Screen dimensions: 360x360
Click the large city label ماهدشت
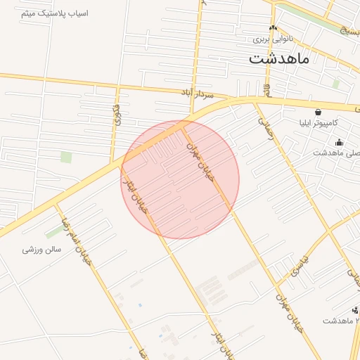point(279,58)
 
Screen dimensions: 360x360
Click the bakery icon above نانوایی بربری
point(273,27)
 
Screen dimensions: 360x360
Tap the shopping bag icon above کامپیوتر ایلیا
point(318,111)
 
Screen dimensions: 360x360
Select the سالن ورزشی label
point(41,249)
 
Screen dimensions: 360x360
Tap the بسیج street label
point(347,30)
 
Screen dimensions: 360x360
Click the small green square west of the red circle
point(66,157)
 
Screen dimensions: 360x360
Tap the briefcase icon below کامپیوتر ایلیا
point(339,142)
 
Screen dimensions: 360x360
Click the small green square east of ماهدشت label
point(336,84)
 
